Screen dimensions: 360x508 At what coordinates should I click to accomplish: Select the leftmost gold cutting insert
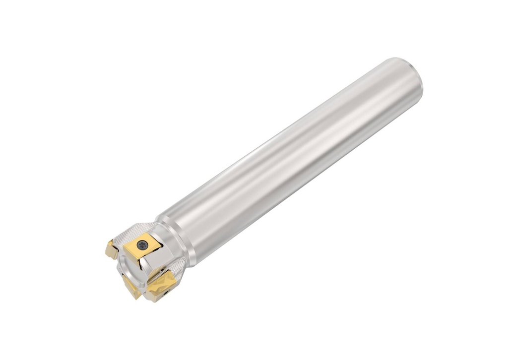111,249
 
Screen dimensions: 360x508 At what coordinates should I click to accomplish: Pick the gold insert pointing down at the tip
130,287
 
